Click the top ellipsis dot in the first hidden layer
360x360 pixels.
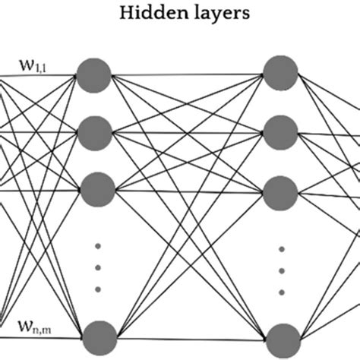coord(96,245)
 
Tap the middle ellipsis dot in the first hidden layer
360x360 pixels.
coord(96,267)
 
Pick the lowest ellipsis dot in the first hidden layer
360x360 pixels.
coord(96,289)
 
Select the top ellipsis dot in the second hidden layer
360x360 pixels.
coord(281,248)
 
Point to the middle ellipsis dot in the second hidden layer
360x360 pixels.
coord(281,270)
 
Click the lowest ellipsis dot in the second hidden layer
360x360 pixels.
coord(281,292)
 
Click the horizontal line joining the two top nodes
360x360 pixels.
coord(188,74)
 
